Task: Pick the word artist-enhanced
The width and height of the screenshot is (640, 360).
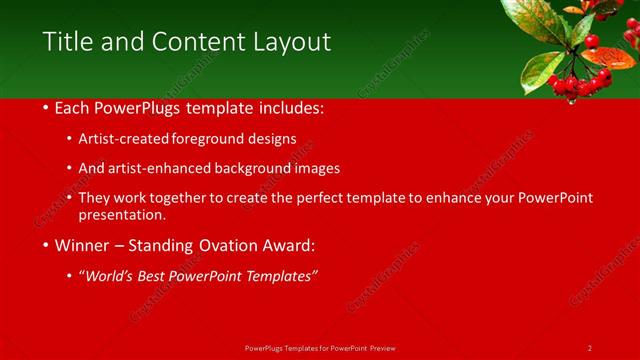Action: (x=164, y=168)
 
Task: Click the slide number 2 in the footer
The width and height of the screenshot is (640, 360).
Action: (x=590, y=347)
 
